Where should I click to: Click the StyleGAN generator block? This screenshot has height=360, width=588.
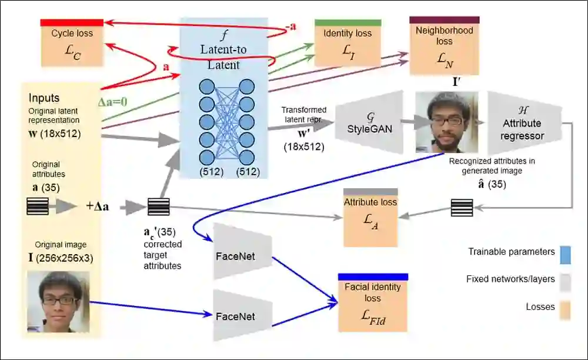(x=369, y=122)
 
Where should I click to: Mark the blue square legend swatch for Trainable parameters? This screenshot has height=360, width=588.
(x=565, y=255)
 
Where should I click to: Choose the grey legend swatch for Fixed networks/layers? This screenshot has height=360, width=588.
(x=565, y=283)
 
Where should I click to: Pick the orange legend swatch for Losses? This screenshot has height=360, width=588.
(x=565, y=310)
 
